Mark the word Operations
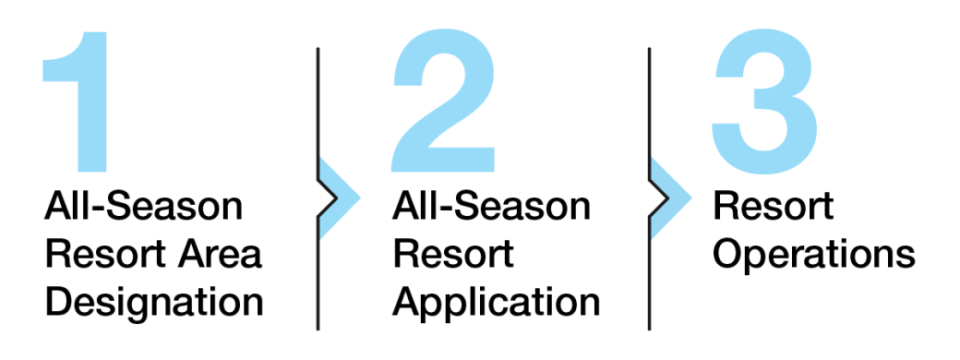pyautogui.click(x=814, y=254)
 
